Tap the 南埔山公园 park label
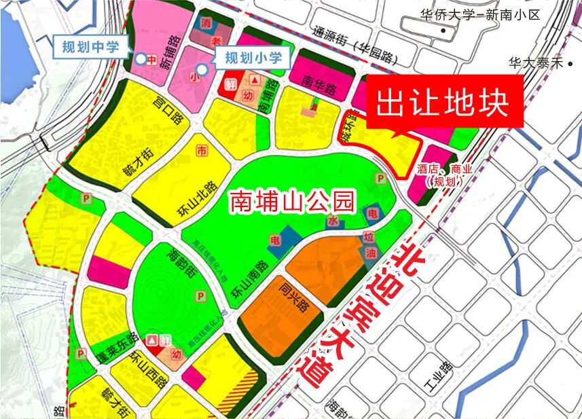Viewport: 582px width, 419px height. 292,201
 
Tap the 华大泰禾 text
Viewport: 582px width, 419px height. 536,63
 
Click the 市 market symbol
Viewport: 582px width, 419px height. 201,149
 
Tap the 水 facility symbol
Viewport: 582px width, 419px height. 332,221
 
